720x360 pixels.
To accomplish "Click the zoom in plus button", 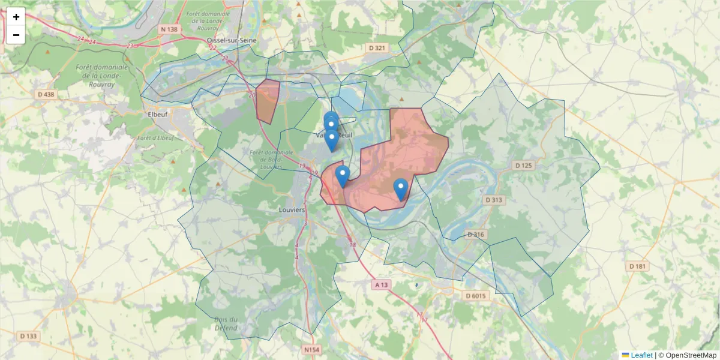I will click(x=16, y=17).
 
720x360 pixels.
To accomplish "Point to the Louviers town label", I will click(x=292, y=211).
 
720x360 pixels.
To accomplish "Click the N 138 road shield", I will click(x=169, y=29).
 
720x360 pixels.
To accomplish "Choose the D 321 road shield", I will click(x=377, y=47).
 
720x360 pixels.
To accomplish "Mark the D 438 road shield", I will click(x=46, y=94).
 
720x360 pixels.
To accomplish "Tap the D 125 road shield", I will click(x=524, y=165).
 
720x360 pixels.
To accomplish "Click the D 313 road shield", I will click(x=494, y=200).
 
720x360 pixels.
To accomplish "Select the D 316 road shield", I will click(x=475, y=235).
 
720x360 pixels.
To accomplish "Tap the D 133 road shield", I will click(x=28, y=336).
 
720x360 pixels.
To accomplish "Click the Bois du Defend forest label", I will click(x=226, y=323).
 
